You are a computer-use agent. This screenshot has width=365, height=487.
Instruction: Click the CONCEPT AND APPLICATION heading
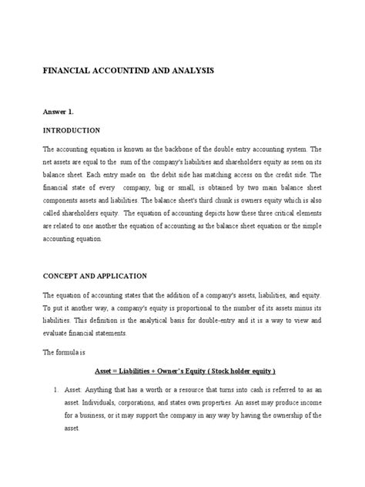[102, 276]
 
